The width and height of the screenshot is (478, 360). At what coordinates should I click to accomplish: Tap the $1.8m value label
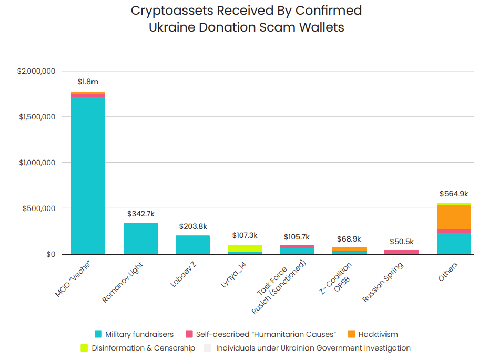click(88, 82)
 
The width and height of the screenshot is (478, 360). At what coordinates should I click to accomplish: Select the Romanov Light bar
click(140, 238)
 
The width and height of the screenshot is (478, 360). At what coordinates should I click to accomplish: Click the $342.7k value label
click(140, 214)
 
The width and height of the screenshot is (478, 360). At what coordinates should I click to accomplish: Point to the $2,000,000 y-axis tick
click(37, 71)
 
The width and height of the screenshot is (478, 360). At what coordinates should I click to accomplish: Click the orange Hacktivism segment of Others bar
click(454, 217)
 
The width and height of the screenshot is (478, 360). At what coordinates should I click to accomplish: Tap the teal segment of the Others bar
click(454, 243)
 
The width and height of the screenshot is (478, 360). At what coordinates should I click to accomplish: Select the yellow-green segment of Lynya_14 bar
click(245, 248)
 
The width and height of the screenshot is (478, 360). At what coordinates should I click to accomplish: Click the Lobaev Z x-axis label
click(184, 274)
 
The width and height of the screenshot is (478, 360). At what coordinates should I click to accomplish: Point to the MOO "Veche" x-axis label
click(73, 279)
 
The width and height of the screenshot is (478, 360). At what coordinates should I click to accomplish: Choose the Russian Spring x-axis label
click(383, 282)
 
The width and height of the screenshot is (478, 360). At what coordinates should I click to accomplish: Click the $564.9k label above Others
click(453, 193)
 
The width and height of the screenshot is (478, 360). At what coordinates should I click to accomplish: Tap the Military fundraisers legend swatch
click(98, 334)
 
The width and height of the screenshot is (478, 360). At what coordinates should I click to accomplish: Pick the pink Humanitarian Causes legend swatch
click(189, 334)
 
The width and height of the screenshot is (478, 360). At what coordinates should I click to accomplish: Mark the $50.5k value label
click(401, 242)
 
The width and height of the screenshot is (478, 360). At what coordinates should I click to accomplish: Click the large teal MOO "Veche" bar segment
click(88, 176)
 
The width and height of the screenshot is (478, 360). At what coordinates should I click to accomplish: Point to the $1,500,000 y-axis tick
click(37, 117)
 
